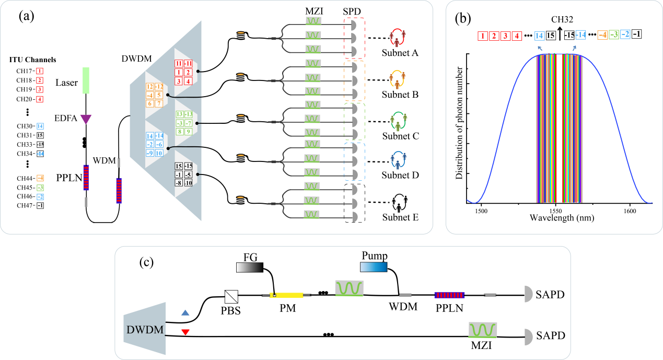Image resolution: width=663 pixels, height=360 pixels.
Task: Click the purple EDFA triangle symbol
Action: coord(86,119)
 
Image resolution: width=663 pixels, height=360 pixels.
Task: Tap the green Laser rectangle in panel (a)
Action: coord(86,80)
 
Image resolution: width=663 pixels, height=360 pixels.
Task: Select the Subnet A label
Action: coord(400,53)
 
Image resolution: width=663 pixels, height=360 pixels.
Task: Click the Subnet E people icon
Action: coord(399,203)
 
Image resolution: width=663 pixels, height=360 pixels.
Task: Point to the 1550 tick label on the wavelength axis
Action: coord(555,211)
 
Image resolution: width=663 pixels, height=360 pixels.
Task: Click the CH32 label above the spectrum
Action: coord(562,19)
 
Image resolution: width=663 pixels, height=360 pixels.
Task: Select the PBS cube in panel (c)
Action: coord(231,297)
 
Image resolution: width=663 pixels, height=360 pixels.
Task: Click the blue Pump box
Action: coord(374,267)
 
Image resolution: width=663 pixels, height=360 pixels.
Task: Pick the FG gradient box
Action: coord(250,268)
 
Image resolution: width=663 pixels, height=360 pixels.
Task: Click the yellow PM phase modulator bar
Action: coord(286,295)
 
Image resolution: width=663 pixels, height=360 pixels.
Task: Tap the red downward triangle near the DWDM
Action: coord(185,332)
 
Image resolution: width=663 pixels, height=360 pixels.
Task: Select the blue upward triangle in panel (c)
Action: coord(185,312)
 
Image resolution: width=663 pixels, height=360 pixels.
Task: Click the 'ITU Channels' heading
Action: coord(32,60)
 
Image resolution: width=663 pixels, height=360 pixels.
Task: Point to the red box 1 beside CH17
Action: coord(40,71)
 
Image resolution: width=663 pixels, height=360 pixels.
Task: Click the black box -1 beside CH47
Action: coord(40,205)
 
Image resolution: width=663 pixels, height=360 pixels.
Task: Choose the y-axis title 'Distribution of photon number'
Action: coord(459,123)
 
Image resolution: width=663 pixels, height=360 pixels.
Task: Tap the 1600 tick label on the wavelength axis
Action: coord(630,211)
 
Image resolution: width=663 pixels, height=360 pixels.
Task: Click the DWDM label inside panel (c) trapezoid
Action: coord(145,330)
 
